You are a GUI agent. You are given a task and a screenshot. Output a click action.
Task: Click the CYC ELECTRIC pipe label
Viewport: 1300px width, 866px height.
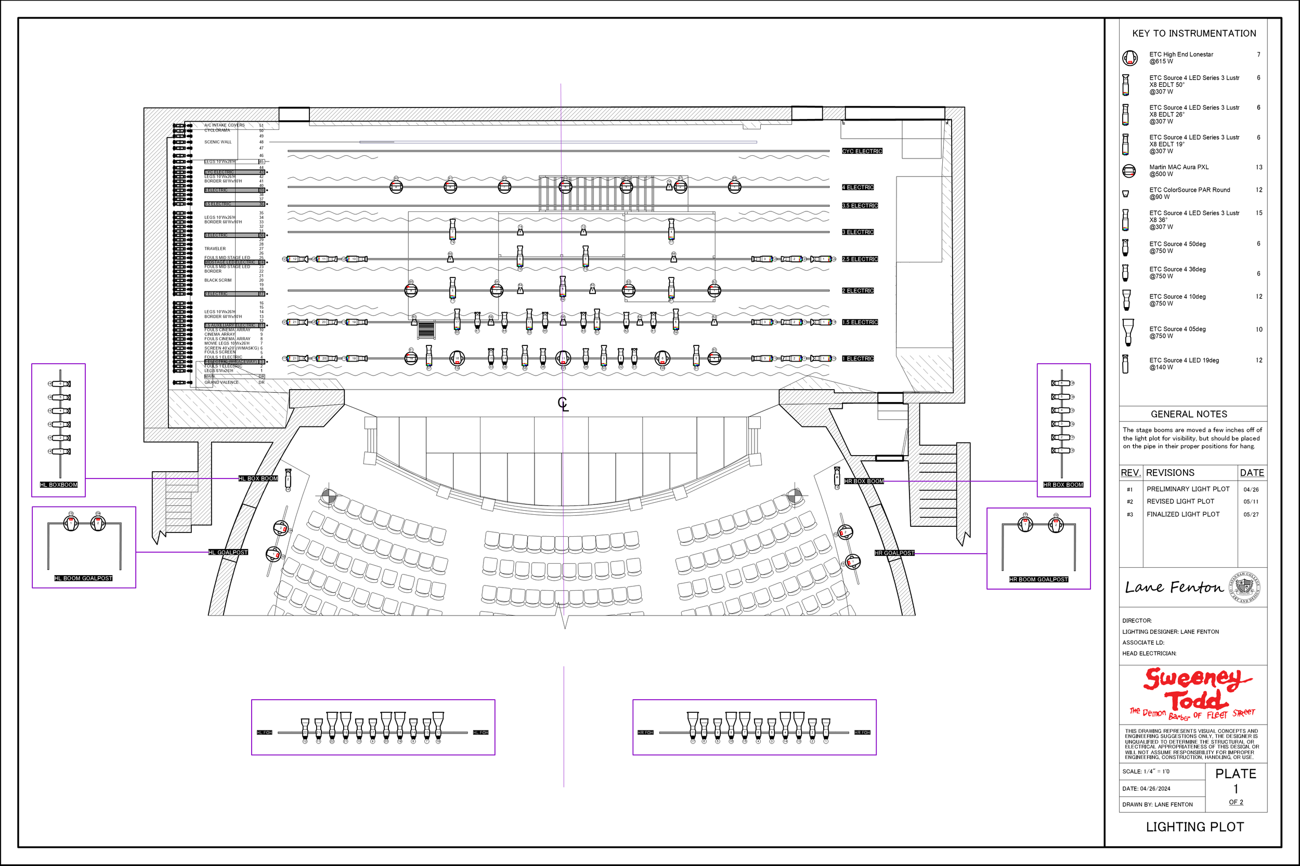862,151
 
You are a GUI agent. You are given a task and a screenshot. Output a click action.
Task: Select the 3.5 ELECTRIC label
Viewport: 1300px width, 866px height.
860,205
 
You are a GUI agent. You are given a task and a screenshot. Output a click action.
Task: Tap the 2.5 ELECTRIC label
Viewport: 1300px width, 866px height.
860,259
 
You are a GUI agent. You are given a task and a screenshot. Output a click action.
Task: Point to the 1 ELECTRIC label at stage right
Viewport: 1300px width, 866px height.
858,358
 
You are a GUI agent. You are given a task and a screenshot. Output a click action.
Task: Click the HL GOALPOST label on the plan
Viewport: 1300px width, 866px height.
228,552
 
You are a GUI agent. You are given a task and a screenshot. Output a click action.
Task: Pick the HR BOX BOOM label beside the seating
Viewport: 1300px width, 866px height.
864,481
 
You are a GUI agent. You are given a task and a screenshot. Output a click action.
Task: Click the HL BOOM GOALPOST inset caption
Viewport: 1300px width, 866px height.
83,578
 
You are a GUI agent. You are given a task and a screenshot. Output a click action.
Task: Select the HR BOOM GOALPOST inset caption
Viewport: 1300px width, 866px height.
1038,579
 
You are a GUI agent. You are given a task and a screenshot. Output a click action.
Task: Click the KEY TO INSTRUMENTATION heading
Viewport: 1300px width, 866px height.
1194,33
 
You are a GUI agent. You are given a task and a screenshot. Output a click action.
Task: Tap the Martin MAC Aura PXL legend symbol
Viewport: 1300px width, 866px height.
1129,171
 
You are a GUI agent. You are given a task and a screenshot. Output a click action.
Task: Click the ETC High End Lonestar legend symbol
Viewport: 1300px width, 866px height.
1130,58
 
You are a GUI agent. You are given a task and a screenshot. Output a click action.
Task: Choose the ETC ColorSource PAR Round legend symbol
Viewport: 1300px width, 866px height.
1125,194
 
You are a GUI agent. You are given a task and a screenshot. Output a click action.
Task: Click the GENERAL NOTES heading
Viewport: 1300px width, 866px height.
1188,414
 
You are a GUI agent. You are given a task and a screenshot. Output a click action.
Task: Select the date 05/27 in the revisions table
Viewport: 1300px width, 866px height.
1251,514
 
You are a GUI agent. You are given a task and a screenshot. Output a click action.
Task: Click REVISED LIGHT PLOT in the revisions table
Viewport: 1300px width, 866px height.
1180,501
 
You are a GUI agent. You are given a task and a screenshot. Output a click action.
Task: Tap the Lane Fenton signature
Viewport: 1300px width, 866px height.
1174,587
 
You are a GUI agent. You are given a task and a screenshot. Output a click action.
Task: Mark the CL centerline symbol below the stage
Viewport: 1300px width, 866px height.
563,404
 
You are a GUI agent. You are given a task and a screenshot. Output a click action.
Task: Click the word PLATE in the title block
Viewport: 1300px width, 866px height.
1236,774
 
